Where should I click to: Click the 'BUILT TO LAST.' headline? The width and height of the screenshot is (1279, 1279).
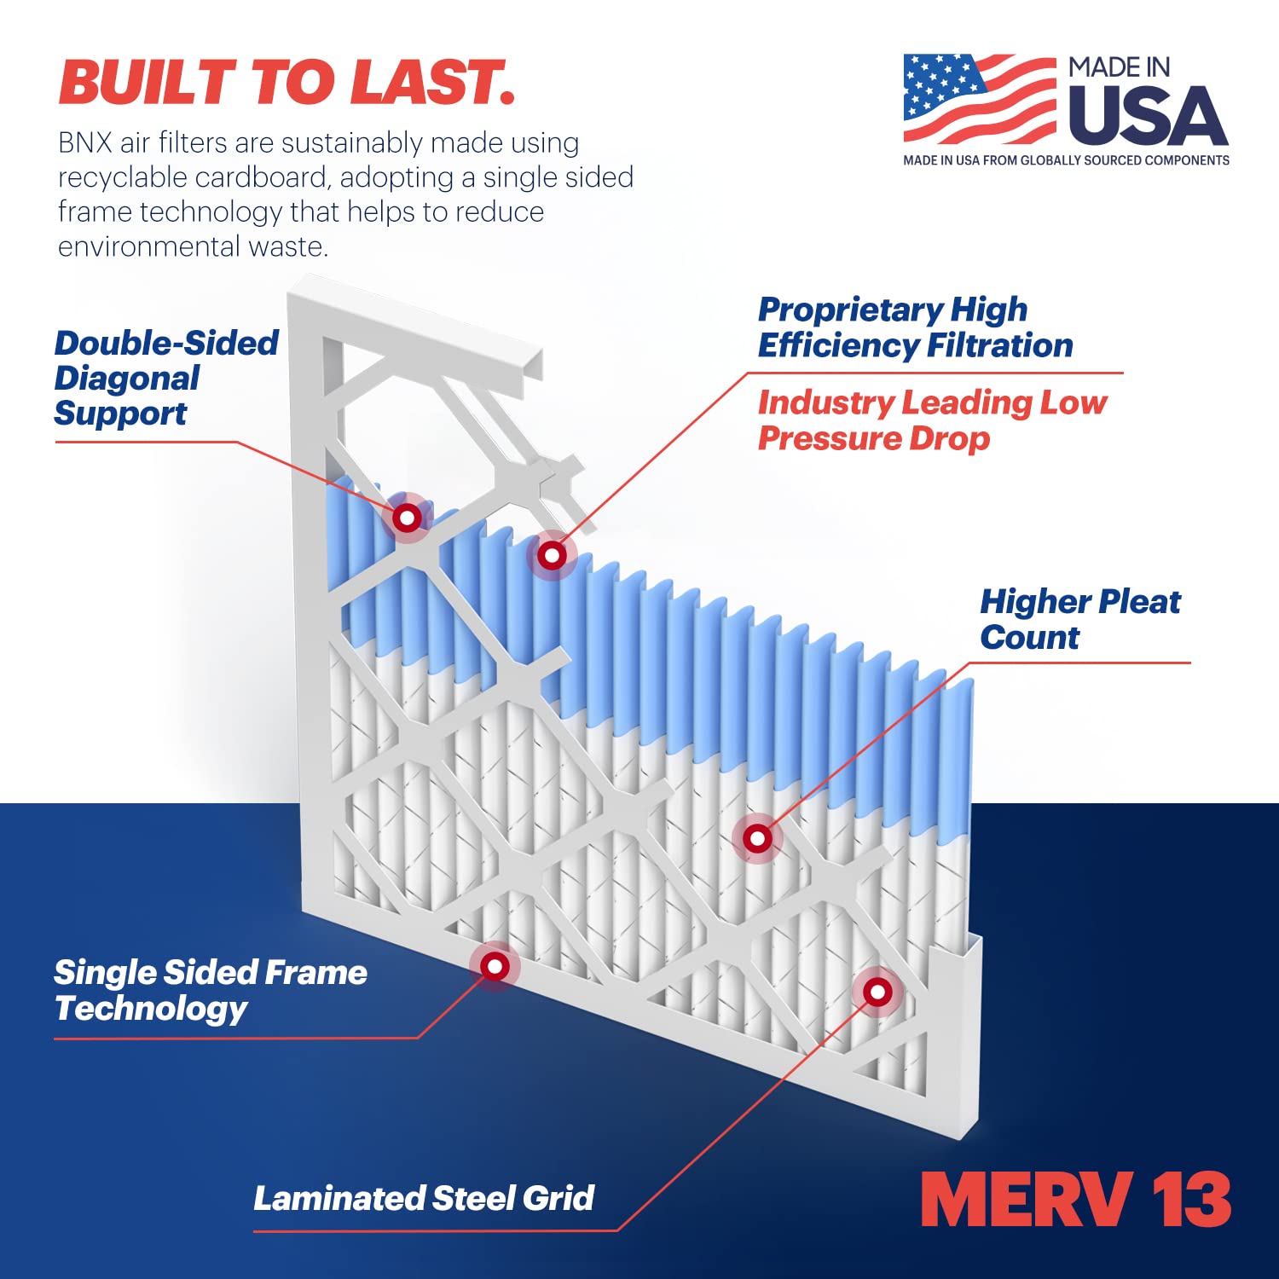[286, 83]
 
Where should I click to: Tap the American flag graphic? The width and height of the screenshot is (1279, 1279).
[979, 99]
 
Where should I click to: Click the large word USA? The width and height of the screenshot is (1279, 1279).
[1147, 117]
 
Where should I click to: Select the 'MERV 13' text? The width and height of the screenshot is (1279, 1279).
[1076, 1200]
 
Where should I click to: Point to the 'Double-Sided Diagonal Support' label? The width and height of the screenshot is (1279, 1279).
[165, 378]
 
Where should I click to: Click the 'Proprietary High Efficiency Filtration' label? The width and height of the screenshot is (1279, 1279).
[914, 327]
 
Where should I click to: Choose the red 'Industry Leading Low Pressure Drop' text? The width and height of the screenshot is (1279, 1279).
[931, 420]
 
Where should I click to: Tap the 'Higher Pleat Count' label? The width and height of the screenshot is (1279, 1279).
[1079, 619]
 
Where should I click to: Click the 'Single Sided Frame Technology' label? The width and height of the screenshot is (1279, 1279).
[210, 990]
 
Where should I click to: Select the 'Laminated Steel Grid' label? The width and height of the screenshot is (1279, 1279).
[423, 1198]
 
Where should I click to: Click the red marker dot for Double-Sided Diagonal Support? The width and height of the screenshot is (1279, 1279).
[407, 518]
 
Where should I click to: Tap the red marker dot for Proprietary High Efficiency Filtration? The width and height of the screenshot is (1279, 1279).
[552, 556]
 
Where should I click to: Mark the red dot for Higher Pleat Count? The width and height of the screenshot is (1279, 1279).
[757, 839]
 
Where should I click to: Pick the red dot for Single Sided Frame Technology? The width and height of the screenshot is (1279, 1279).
[495, 966]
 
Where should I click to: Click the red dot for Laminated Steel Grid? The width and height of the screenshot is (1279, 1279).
[877, 992]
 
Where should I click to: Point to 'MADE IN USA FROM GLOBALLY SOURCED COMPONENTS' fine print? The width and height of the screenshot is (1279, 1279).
[1066, 160]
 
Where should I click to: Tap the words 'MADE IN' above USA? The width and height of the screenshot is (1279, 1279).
[1119, 68]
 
